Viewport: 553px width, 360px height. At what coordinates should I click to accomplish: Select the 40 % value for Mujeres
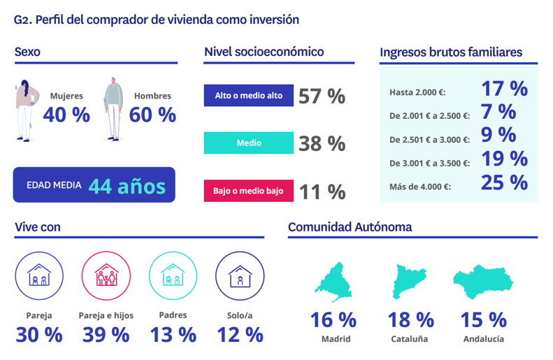(x=66, y=115)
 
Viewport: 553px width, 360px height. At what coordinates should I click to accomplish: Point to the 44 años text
(x=127, y=186)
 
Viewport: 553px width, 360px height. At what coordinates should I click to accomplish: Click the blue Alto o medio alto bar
(x=248, y=96)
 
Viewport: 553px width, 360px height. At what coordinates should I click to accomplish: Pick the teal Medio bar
(x=248, y=143)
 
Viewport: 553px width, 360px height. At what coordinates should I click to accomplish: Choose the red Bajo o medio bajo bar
(x=248, y=191)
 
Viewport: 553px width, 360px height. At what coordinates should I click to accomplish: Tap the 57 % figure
(x=322, y=96)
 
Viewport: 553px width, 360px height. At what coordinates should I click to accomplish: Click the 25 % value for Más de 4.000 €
(x=504, y=182)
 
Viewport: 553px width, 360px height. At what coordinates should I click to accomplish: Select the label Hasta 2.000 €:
(x=417, y=92)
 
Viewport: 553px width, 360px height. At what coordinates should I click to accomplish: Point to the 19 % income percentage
(x=504, y=159)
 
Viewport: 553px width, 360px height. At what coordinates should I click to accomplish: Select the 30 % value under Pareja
(x=39, y=335)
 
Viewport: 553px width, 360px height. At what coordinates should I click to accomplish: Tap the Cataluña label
(x=410, y=340)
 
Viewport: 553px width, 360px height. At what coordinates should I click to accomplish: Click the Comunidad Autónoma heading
(x=350, y=227)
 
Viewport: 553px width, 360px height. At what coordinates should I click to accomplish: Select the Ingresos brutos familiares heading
(x=451, y=52)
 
